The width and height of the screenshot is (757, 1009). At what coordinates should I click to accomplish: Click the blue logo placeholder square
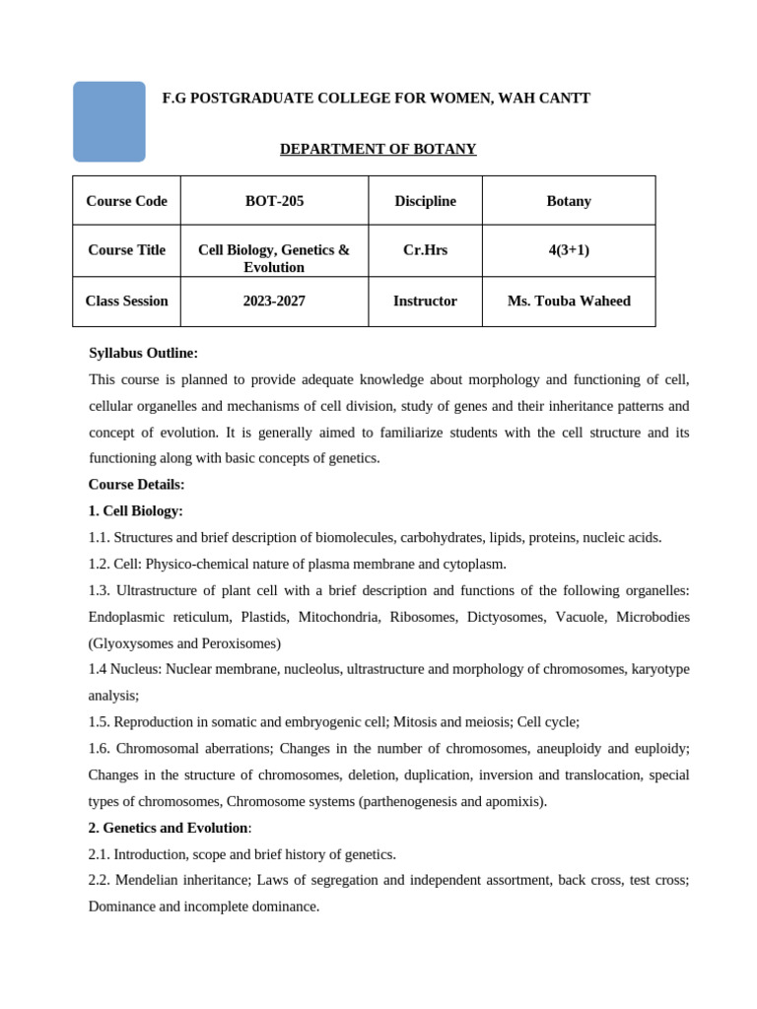tap(109, 121)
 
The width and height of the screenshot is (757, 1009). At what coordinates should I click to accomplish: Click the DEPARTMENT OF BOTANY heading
tap(378, 149)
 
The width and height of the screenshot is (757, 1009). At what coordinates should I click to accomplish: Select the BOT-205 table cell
tap(274, 201)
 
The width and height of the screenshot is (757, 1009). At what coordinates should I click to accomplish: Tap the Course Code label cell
tap(126, 201)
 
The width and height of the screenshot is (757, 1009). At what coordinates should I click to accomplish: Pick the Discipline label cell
tap(425, 201)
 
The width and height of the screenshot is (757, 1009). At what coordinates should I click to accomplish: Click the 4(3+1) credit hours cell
tap(569, 250)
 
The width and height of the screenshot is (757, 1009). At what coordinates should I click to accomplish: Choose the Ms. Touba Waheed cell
tap(569, 302)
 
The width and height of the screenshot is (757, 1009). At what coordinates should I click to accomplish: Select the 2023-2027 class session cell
tap(274, 302)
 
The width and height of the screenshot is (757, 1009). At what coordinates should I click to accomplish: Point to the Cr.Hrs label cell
tap(425, 250)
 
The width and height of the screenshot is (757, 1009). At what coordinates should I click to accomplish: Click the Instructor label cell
tap(425, 302)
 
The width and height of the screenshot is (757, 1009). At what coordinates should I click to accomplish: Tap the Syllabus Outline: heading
tap(143, 353)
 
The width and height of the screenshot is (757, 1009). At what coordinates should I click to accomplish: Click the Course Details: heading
tap(136, 485)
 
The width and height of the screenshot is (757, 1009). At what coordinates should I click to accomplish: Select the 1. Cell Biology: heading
tap(135, 511)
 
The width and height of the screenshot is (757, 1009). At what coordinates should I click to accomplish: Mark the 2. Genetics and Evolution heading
tap(168, 828)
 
